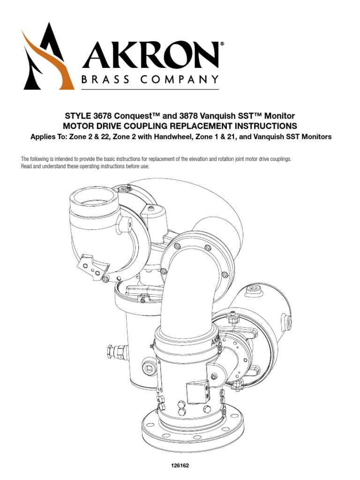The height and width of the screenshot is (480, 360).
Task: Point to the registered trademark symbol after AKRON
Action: pos(222,44)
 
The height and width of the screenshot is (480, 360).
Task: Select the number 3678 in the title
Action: pos(99,116)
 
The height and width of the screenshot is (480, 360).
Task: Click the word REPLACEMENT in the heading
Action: pos(189,126)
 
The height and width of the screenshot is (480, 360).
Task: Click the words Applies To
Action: pos(47,137)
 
